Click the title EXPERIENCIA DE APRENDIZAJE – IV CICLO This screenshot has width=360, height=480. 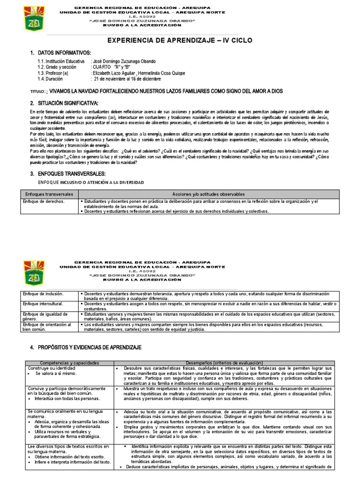pos(180,41)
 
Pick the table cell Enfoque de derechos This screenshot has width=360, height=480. pos(43,201)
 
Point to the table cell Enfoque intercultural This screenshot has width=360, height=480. pos(43,304)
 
